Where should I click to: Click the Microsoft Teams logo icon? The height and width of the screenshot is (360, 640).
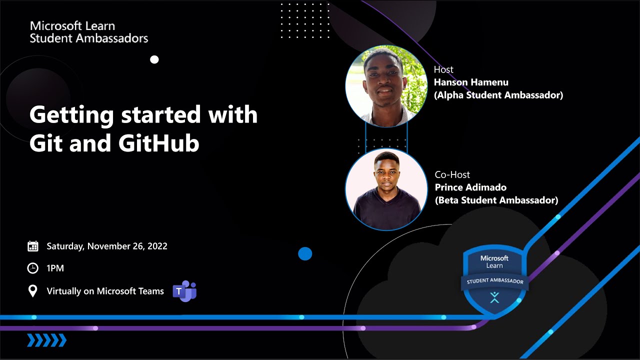pos(184,291)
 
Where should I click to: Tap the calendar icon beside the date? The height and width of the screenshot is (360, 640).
pos(33,246)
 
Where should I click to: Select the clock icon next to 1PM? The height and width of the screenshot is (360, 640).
pos(32,268)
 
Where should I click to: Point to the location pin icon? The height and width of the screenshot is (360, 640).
pos(32,291)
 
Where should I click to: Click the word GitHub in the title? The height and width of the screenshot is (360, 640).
pos(159,143)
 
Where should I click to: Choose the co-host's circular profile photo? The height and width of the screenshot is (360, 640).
pos(386,189)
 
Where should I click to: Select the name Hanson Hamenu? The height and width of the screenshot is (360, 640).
pos(471,82)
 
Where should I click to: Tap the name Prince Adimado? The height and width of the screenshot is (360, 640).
pos(470,187)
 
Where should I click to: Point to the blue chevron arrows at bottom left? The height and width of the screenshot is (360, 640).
pos(46,340)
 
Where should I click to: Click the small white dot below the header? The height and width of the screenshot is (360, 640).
pos(154,59)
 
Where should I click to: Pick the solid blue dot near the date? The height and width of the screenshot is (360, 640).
pos(305,254)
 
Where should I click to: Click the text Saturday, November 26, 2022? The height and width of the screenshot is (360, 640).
pos(107,246)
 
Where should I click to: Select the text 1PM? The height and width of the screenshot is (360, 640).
pos(55,268)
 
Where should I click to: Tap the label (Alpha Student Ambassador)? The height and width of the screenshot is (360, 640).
pos(498,95)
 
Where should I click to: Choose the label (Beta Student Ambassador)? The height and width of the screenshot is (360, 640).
pos(496,200)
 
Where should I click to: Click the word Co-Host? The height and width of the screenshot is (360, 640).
pos(452,175)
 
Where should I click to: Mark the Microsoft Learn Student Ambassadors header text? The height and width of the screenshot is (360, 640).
pos(89,32)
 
